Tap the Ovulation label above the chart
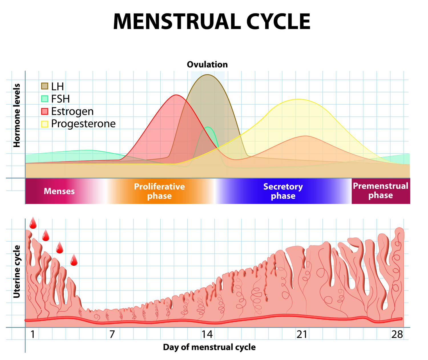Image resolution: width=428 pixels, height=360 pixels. coord(207,65)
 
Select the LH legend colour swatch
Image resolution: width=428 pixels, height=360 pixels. coord(45,86)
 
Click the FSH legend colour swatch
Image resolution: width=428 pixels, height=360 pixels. coord(45,99)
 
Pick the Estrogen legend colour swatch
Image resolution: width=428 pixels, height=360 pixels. coord(45,111)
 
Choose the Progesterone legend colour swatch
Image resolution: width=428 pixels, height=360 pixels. coord(45,124)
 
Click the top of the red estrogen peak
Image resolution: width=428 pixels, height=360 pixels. coord(176,95)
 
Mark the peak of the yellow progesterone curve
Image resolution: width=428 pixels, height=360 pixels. coord(298,99)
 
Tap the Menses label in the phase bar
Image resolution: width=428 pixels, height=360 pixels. coord(59,191)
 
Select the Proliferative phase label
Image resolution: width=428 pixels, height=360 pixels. coord(160,191)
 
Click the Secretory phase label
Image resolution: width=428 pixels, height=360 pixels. coord(283,191)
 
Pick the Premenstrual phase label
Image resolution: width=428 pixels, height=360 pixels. coord(381,191)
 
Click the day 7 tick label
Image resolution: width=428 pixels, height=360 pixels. coord(112,334)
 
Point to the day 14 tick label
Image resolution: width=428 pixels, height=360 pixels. coord(207,334)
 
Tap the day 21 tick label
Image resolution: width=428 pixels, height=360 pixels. coord(302,334)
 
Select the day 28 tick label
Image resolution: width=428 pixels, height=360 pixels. coord(397,334)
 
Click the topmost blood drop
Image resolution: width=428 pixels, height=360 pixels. coord(33,223)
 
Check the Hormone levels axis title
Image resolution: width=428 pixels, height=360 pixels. coord(17,115)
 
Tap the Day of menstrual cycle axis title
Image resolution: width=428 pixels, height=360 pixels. coord(209,347)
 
